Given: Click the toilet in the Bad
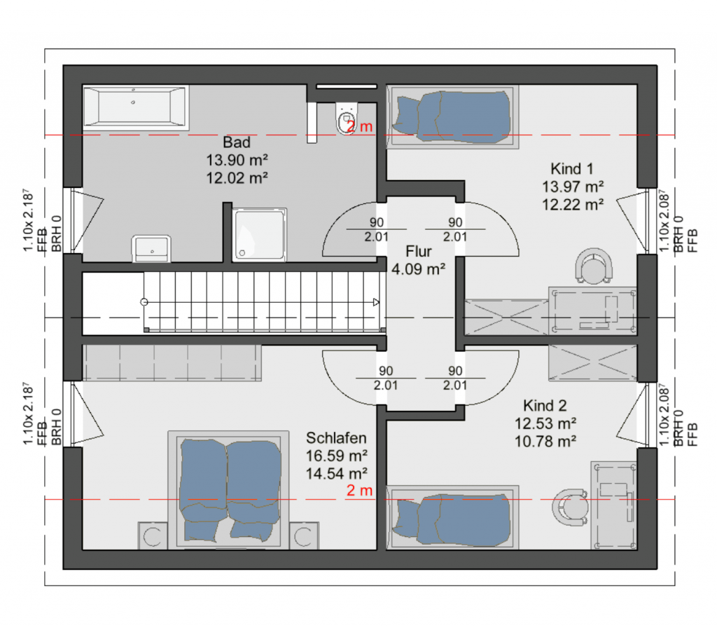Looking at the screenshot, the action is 346,118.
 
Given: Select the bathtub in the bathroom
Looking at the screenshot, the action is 135,107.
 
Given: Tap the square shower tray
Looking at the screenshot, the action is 259,235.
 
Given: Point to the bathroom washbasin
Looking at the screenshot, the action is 151,249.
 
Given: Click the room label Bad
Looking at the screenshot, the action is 237,142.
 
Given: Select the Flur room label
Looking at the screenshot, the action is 419,252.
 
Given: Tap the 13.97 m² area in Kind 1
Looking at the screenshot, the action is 573,187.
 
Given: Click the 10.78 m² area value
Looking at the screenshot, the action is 545,442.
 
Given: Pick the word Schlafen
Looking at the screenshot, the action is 336,438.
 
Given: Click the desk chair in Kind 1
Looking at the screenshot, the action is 594,266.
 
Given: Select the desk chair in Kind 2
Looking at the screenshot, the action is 570,508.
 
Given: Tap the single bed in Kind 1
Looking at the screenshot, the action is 453,117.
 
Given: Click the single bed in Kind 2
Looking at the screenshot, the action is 453,517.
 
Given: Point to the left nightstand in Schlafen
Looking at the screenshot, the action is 153,536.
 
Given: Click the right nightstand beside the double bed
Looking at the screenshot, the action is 304,536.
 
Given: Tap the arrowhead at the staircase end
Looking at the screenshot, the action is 376,302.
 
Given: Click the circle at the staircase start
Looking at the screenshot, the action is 144,302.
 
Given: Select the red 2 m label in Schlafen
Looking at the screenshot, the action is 359,491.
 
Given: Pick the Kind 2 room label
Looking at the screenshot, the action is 545,406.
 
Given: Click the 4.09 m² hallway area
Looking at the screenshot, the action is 419,269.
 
